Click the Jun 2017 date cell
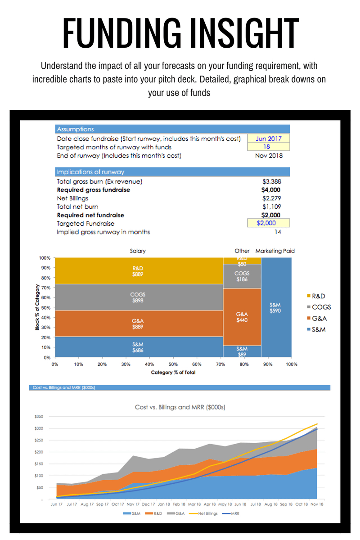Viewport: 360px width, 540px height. tap(269, 139)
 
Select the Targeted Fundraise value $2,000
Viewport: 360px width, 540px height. tap(269, 223)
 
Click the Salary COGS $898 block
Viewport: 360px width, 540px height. tap(138, 297)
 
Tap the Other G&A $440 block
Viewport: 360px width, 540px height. tap(242, 317)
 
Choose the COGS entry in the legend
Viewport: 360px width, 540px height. tap(321, 307)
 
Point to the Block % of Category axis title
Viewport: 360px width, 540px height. tap(37, 307)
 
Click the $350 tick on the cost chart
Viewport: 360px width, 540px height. tap(39, 417)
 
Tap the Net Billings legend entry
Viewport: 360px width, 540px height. tap(202, 513)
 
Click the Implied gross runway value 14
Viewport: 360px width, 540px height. tap(278, 232)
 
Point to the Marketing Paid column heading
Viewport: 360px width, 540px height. tap(275, 251)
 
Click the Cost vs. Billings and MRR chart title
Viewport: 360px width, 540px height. tap(180, 407)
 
